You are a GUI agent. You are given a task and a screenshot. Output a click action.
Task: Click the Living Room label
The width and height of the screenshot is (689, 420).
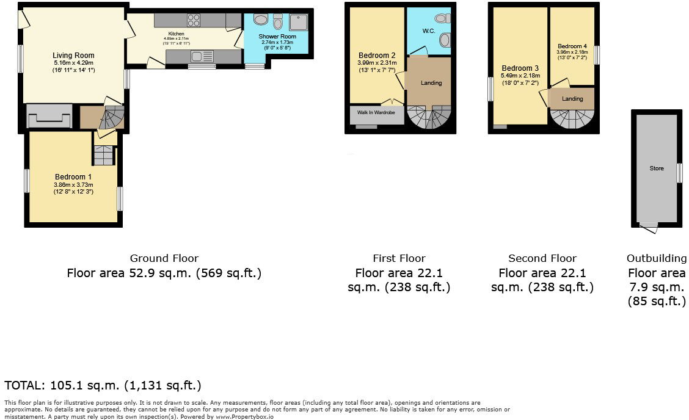point(73,56)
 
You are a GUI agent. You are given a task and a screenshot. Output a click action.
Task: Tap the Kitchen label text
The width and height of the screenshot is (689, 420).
point(176,34)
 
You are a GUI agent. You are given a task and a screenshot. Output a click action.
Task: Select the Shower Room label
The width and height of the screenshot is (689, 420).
point(277,37)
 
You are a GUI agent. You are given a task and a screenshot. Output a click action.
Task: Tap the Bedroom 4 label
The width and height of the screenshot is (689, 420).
point(572,46)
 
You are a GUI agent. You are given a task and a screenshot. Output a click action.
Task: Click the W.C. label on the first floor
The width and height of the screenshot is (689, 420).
point(428,31)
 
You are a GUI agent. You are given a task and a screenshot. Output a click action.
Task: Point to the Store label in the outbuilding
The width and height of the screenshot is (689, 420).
point(657,168)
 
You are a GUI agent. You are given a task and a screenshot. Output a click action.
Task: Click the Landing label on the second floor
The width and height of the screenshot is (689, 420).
point(572,99)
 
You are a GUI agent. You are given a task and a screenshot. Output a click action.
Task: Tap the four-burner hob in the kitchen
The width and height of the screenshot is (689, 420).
point(194,20)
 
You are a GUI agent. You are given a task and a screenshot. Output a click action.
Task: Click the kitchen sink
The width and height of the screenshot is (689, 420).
point(200,57)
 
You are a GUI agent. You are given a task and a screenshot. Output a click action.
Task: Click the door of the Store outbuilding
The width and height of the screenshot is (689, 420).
point(649,228)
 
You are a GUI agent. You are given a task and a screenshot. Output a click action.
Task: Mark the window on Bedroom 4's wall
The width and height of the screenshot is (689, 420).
point(597,56)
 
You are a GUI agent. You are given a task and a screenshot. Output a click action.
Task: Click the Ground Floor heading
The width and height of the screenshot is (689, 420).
point(164,258)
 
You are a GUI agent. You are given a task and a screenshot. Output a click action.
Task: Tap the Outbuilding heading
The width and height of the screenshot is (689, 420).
point(657,258)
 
